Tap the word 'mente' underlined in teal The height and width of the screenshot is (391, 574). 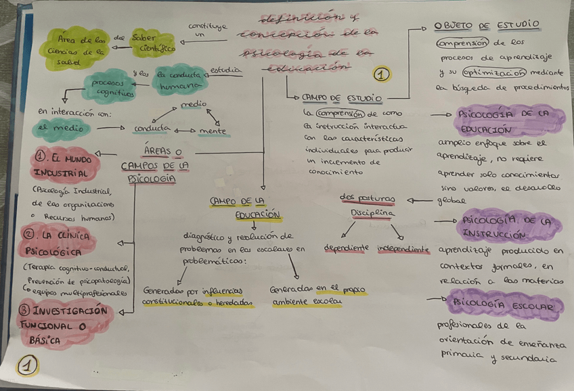coord(213,130)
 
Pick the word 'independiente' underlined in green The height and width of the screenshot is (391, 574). coord(403,248)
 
